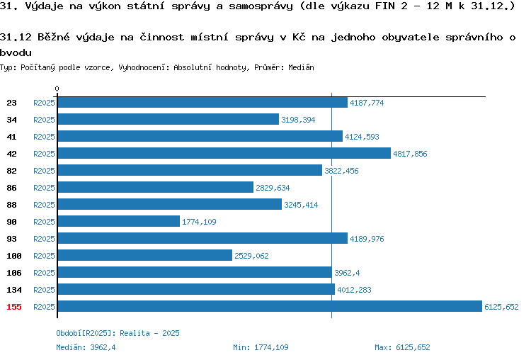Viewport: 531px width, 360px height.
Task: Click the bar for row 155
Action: [x=270, y=306]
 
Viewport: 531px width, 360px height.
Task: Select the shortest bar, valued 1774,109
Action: [x=119, y=221]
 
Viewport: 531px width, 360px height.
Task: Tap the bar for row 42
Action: [x=224, y=153]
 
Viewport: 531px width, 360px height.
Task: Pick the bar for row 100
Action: [x=145, y=255]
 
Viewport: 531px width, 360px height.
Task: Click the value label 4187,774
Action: [x=367, y=103]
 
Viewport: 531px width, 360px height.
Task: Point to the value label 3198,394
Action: [x=298, y=120]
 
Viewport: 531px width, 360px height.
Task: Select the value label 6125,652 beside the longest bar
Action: [x=501, y=307]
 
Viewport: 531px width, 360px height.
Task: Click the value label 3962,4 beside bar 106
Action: [x=347, y=273]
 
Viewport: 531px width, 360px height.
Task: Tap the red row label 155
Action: [x=14, y=307]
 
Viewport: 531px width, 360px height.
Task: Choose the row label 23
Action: [x=11, y=103]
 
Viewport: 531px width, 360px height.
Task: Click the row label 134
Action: [x=14, y=290]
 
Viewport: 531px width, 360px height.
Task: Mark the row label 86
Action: [x=11, y=188]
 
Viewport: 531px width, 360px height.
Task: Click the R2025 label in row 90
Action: [x=44, y=222]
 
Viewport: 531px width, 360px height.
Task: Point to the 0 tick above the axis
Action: [x=57, y=89]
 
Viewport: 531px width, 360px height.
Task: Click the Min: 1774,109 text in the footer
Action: [x=261, y=347]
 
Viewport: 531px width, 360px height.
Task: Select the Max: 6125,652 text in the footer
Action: [x=402, y=347]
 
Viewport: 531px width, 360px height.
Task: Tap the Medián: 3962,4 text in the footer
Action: [x=86, y=347]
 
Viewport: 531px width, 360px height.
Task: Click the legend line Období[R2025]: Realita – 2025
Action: [x=118, y=333]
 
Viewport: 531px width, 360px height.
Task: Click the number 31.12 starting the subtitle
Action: [x=16, y=37]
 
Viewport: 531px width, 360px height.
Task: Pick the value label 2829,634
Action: [x=273, y=188]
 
